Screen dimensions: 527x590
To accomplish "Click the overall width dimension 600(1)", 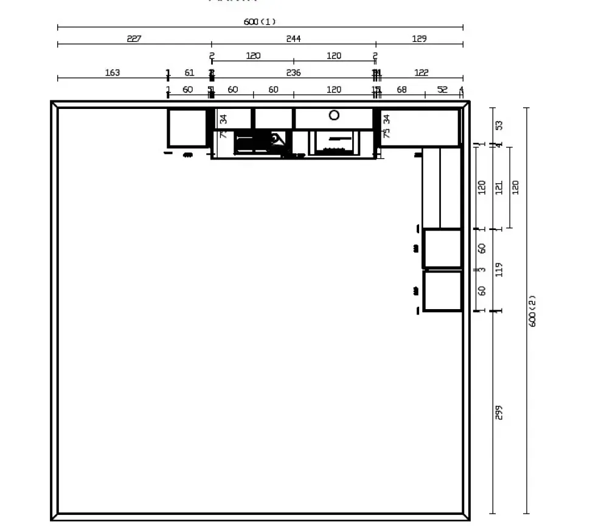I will (260, 22).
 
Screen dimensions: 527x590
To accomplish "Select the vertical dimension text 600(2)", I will (532, 311).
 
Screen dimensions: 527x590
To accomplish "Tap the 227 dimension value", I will (134, 39).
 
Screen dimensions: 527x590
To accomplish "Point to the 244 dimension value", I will (293, 39).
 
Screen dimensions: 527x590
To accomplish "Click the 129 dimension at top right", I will (419, 39).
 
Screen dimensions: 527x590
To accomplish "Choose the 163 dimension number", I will (113, 73).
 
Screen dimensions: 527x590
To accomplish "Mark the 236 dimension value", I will (293, 73).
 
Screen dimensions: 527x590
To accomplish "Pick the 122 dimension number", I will (421, 73).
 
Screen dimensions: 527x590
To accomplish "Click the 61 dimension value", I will (189, 73).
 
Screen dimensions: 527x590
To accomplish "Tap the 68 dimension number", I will (401, 90).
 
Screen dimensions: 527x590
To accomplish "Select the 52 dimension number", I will (442, 90).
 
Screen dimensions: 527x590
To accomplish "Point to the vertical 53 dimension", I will (499, 125).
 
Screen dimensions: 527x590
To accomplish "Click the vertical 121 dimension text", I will (499, 187).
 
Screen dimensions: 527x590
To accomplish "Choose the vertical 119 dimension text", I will (499, 270).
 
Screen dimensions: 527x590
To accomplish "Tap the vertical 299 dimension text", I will (499, 413).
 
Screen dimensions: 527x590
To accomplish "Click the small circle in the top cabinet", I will (334, 115).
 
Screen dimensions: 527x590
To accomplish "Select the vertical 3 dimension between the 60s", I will (482, 270).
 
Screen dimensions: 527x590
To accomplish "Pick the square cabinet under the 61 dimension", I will (187, 128).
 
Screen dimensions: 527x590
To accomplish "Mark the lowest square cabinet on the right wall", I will (442, 291).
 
